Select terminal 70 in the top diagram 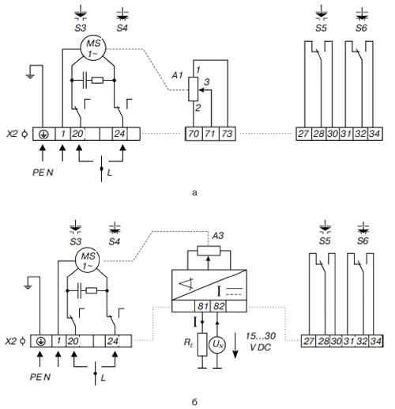(x=194, y=134)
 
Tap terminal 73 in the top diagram (x=227, y=134)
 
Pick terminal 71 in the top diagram (x=211, y=134)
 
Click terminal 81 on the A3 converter (x=203, y=306)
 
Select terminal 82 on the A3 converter (x=219, y=306)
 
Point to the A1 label (x=177, y=75)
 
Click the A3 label (x=218, y=236)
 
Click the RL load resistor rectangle (x=202, y=345)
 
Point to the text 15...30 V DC (x=261, y=342)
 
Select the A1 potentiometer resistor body (x=194, y=89)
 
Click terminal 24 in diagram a (x=119, y=134)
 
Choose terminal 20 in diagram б (x=73, y=341)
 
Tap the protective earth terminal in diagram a (x=43, y=134)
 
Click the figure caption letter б (x=194, y=402)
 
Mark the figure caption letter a (x=194, y=192)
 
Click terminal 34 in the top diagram (x=374, y=134)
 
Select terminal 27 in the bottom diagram (x=309, y=341)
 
